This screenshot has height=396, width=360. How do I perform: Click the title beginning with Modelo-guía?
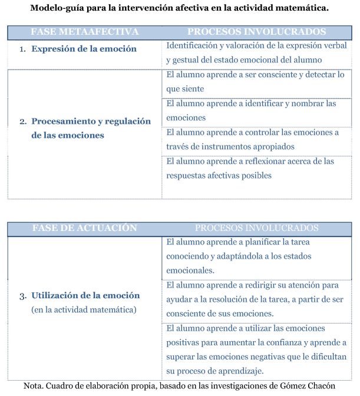180,8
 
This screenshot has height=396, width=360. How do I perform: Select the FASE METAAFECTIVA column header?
85,31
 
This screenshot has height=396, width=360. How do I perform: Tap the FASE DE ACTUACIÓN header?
84,227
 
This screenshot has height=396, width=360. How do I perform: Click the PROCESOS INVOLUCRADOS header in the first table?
256,31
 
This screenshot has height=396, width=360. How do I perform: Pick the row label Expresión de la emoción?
84,49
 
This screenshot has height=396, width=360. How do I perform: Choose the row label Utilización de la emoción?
85,295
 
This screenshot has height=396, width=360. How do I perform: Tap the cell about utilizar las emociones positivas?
256,349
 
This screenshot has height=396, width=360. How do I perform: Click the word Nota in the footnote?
34,386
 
